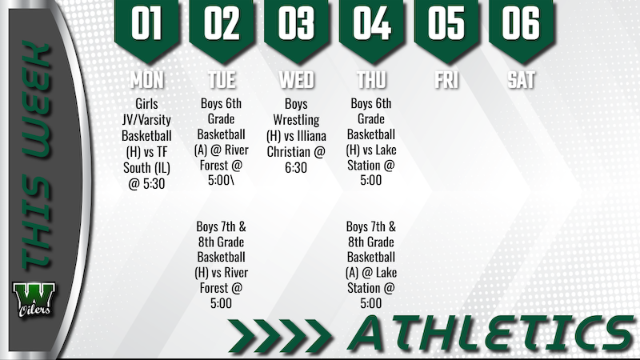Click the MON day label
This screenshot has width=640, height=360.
coord(147,80)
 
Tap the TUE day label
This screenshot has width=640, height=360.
coord(222,80)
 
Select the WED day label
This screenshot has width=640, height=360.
coord(297,80)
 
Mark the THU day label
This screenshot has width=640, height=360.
coord(372,80)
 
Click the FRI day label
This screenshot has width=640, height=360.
coord(446,80)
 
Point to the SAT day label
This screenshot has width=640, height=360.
coord(522,80)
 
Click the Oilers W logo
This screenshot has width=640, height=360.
coord(33,300)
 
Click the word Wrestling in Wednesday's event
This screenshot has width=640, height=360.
coord(297,120)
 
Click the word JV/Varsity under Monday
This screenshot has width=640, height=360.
coord(147,120)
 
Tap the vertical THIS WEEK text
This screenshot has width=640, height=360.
coord(33,160)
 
